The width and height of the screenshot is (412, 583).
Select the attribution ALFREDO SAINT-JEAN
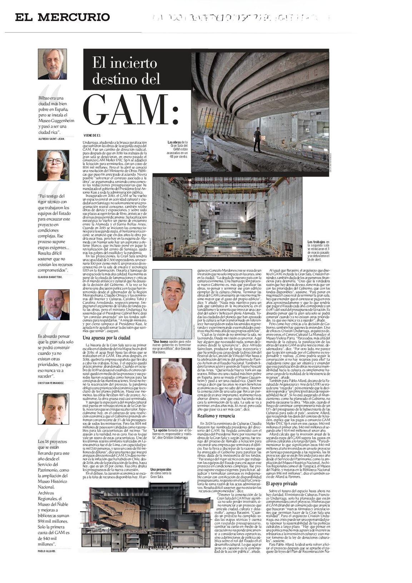pyautogui.click(x=51, y=139)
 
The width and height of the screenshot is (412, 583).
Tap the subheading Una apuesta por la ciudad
pyautogui.click(x=106, y=337)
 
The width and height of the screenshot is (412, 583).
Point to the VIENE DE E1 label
pyautogui.click(x=93, y=135)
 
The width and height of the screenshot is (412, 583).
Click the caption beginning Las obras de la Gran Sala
pyautogui.click(x=178, y=149)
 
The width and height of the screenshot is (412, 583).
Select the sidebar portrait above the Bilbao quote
pyautogui.click(x=53, y=64)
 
